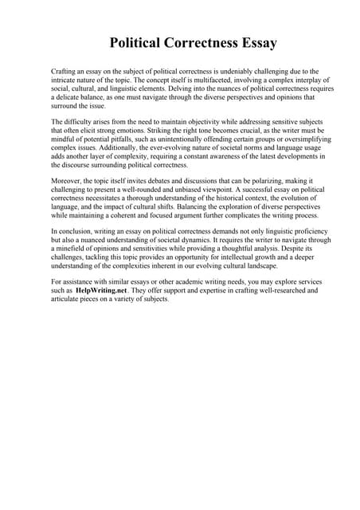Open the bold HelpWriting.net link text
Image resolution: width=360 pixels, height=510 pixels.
pyautogui.click(x=104, y=291)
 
